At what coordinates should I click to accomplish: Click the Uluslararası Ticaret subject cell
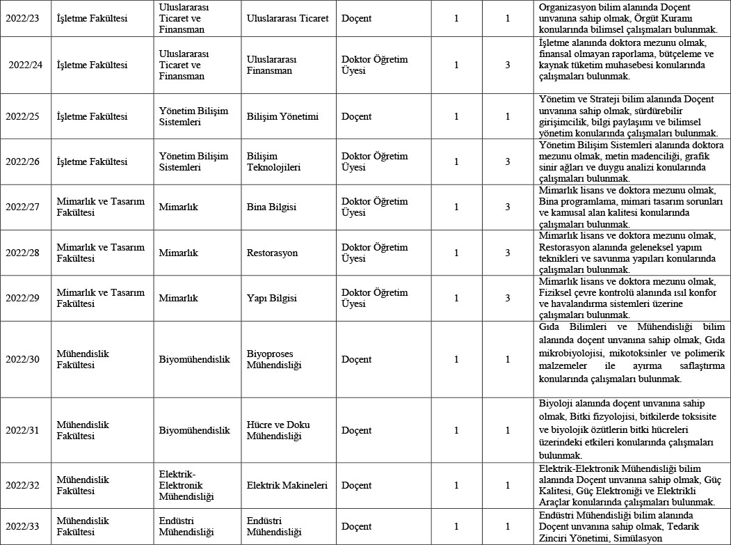pos(287,18)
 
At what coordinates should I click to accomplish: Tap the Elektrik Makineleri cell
pos(287,485)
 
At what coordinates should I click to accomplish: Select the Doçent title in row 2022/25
pos(357,116)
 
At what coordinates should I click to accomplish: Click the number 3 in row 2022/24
pos(508,65)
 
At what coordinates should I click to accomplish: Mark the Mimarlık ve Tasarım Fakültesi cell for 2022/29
pos(101,298)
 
